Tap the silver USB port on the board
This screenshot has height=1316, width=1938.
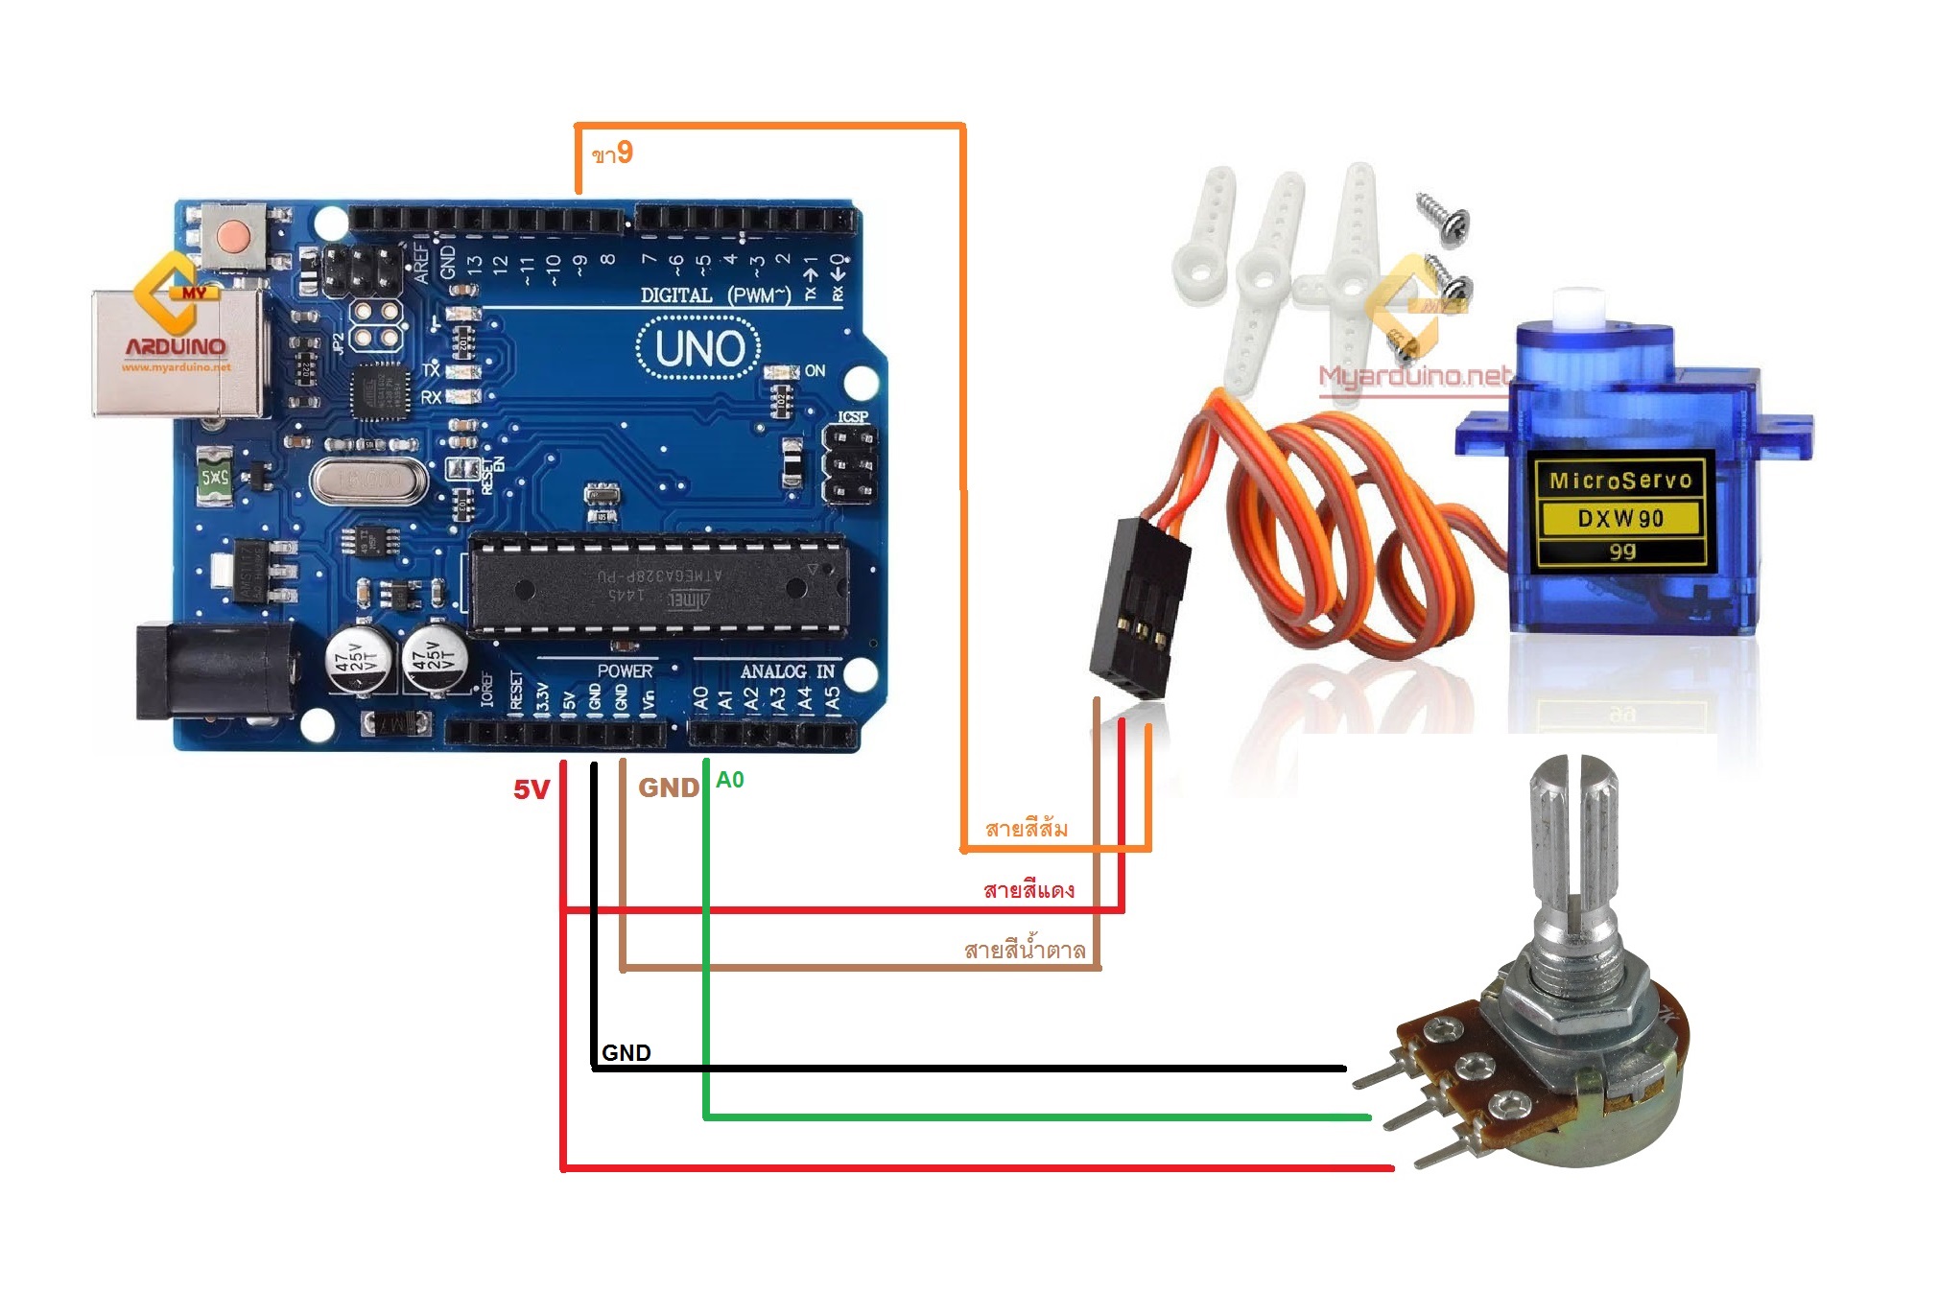point(177,353)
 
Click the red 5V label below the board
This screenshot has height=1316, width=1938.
point(531,789)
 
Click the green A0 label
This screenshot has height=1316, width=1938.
point(729,780)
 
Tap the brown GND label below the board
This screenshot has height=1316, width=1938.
point(669,787)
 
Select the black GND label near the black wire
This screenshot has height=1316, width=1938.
point(626,1052)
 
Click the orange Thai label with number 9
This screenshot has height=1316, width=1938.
point(612,153)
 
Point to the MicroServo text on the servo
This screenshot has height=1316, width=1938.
point(1620,481)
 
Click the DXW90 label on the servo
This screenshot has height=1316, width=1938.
point(1620,519)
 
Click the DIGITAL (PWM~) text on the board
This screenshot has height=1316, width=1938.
point(715,294)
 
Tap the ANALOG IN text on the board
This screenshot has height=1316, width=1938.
point(787,671)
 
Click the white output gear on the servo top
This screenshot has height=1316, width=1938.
point(1577,307)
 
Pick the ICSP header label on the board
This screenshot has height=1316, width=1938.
point(852,416)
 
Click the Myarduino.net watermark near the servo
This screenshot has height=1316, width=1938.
point(1414,376)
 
